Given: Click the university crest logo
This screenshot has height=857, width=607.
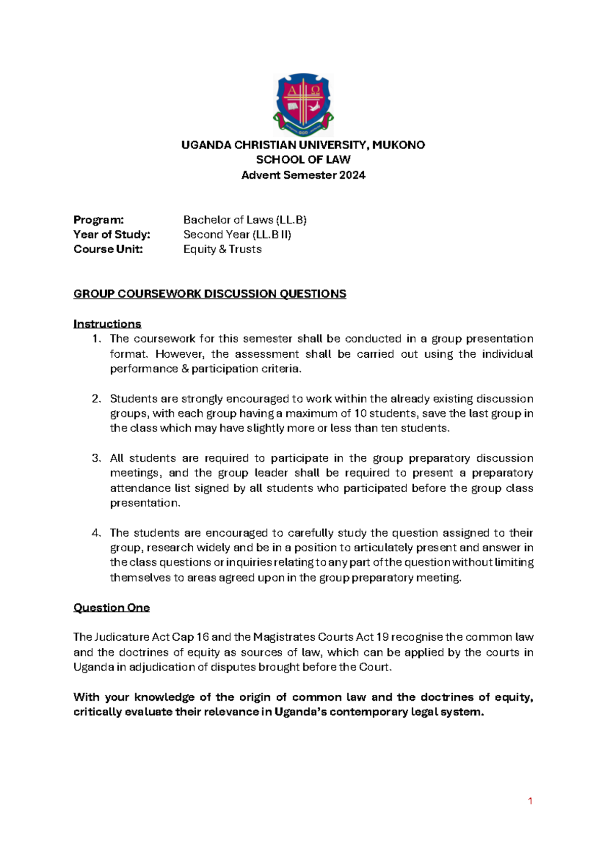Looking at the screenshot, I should click(303, 105).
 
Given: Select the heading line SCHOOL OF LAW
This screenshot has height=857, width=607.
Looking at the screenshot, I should click(303, 160).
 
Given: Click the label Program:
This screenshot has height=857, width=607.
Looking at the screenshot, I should click(99, 220).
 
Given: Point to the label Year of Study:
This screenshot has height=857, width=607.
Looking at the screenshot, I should click(112, 234).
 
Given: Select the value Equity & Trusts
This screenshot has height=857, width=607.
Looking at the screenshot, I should click(222, 249).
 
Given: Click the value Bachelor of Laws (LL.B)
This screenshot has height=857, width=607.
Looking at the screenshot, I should click(245, 220).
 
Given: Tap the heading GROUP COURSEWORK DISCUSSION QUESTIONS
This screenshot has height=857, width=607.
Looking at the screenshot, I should click(209, 294).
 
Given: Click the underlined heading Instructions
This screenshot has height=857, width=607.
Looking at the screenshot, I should click(107, 324).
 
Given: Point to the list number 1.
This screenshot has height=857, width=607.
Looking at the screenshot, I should click(97, 339).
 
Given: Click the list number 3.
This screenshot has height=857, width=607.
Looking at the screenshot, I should click(97, 458).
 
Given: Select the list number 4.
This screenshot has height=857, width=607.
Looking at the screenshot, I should click(97, 533).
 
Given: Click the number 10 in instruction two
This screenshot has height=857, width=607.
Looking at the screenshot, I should click(360, 414).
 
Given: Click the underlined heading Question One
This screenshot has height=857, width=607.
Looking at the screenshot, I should click(111, 608).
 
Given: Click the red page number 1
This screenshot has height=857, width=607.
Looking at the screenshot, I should click(530, 801).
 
